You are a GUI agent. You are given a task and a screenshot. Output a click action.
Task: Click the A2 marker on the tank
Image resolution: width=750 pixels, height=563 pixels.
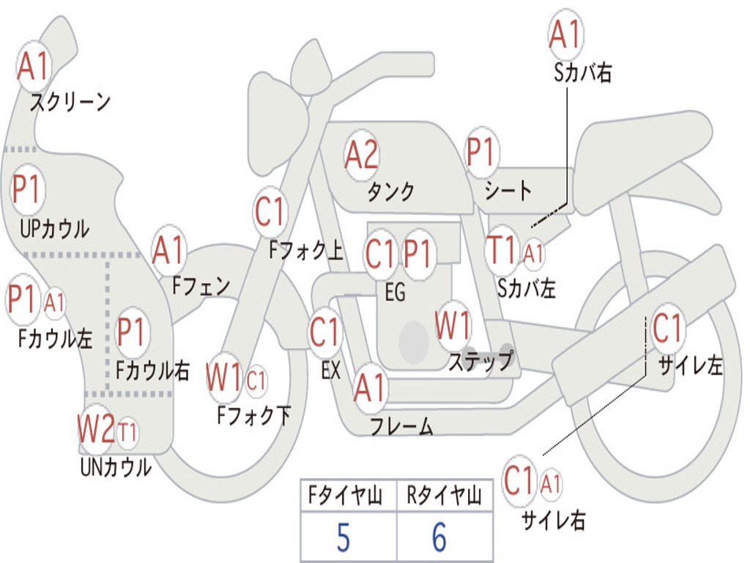[x=361, y=155]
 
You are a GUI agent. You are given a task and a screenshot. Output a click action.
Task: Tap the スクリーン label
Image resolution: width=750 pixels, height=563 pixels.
[x=70, y=102]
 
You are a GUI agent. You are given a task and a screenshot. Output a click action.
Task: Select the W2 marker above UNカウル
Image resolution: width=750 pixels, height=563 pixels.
[x=96, y=428]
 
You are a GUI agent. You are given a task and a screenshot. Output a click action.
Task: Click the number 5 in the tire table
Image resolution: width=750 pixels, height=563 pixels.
[x=343, y=537]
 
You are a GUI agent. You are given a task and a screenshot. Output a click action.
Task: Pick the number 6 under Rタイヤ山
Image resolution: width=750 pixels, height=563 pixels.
[x=439, y=537]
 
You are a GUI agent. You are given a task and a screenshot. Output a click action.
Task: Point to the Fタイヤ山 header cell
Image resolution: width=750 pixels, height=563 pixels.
[x=348, y=495]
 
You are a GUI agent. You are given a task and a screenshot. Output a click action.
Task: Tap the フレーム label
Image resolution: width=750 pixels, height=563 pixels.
[x=401, y=426]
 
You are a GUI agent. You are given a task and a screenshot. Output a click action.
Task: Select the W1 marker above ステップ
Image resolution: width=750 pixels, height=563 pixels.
[x=453, y=325]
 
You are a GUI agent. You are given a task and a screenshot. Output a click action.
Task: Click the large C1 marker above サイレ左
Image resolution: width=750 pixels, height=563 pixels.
[x=667, y=328]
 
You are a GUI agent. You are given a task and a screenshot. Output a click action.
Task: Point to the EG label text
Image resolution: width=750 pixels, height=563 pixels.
[x=395, y=292]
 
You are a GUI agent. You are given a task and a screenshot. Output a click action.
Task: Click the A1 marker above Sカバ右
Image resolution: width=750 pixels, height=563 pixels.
[x=566, y=35]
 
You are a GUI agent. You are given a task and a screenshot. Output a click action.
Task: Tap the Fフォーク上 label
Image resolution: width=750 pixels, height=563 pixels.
[x=306, y=250]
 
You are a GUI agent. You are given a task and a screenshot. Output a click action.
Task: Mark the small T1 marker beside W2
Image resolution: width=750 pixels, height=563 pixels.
[x=127, y=433]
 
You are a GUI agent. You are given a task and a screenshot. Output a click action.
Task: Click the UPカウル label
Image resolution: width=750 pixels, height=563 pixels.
[x=54, y=229]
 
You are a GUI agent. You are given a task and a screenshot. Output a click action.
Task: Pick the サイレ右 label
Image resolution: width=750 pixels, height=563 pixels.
[x=554, y=520]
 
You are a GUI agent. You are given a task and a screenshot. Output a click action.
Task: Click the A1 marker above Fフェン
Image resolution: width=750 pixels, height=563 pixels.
[x=168, y=251]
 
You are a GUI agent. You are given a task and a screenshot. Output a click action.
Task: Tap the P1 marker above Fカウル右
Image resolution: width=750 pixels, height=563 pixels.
[x=130, y=332]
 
